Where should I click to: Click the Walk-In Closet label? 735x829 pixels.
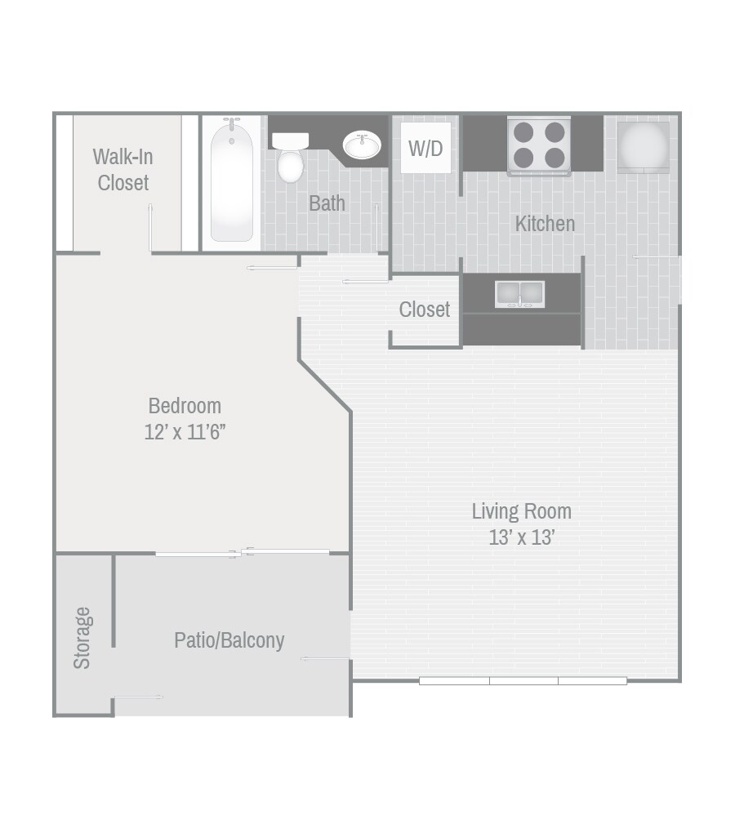point(123,169)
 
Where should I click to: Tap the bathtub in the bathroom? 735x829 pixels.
point(231,181)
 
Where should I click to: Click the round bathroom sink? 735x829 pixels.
point(361,146)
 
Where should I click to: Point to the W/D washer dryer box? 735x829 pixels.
point(425,148)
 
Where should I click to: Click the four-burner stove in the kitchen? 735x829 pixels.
point(539,145)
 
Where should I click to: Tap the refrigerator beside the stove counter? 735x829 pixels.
point(643,147)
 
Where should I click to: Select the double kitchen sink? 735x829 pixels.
point(519,293)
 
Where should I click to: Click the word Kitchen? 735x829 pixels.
point(545,223)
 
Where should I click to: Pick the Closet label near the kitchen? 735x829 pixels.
point(425,310)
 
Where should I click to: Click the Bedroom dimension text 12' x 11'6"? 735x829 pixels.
point(185,432)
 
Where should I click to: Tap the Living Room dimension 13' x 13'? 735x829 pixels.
point(521,537)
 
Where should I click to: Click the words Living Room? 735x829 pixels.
point(521,511)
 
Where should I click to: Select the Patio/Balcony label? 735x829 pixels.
point(229,640)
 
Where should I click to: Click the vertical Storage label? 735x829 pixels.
point(82,637)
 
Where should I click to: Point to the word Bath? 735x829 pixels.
point(327,203)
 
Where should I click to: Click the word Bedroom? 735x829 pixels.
point(185,405)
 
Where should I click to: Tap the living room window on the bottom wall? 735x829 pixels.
point(523,680)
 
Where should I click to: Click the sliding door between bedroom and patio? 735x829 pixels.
point(243,553)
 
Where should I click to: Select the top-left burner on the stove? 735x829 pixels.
point(523,132)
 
